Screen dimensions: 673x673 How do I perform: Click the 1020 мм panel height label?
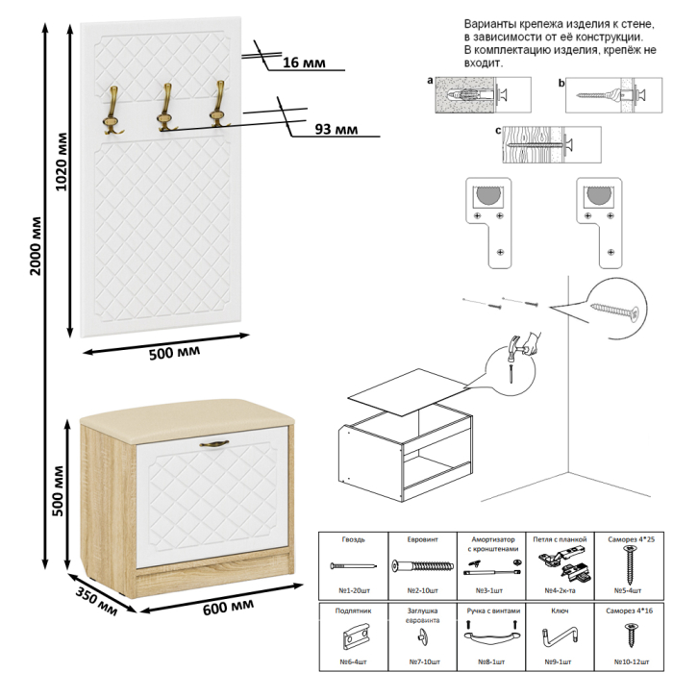coord(62,163)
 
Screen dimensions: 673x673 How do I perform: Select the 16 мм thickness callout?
coord(304,62)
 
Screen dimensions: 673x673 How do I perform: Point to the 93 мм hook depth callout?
coord(336,129)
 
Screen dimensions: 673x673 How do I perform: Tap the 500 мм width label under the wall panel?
coord(174,353)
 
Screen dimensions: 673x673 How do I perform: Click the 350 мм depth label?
coord(95,598)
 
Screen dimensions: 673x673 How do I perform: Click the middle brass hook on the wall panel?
coord(165,107)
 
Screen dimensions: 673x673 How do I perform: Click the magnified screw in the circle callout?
coord(616,309)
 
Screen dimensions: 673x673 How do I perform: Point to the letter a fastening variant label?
coord(430,83)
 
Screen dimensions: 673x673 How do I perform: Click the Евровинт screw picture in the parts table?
coord(421,567)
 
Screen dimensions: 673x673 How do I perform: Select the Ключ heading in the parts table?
coord(560,611)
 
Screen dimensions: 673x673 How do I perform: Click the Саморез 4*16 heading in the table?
coord(630,611)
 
